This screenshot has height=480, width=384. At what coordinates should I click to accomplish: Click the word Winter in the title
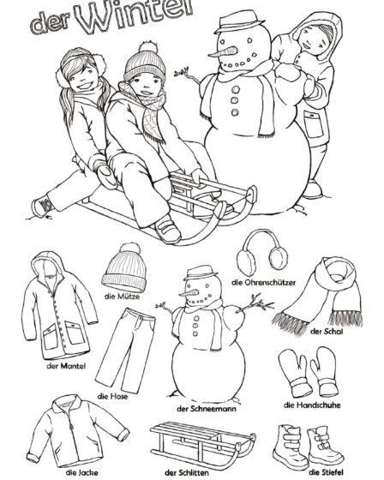[x=135, y=16]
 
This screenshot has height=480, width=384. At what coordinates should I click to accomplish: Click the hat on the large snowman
[x=239, y=21]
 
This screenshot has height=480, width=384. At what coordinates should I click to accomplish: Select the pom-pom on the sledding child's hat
[x=148, y=48]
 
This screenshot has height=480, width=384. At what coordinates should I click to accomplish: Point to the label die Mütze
[x=122, y=297]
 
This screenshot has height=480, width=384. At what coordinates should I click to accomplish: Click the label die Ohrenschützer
[x=264, y=282]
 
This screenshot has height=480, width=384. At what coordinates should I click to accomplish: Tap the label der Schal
[x=326, y=331]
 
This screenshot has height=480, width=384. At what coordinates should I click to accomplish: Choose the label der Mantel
[x=66, y=366]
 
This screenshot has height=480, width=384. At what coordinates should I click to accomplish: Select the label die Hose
[x=112, y=396]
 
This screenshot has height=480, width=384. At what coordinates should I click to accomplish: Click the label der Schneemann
[x=207, y=408]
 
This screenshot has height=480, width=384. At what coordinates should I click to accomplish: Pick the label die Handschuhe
[x=312, y=405]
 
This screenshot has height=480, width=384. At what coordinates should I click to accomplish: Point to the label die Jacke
[x=81, y=472]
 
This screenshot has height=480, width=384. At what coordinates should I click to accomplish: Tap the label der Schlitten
[x=187, y=472]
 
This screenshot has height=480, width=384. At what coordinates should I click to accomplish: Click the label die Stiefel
[x=326, y=472]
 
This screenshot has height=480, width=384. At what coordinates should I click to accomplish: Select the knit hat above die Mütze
[x=125, y=269]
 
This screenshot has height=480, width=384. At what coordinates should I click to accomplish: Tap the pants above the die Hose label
[x=124, y=351]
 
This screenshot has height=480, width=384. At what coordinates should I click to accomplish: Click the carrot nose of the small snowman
[x=189, y=293]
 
